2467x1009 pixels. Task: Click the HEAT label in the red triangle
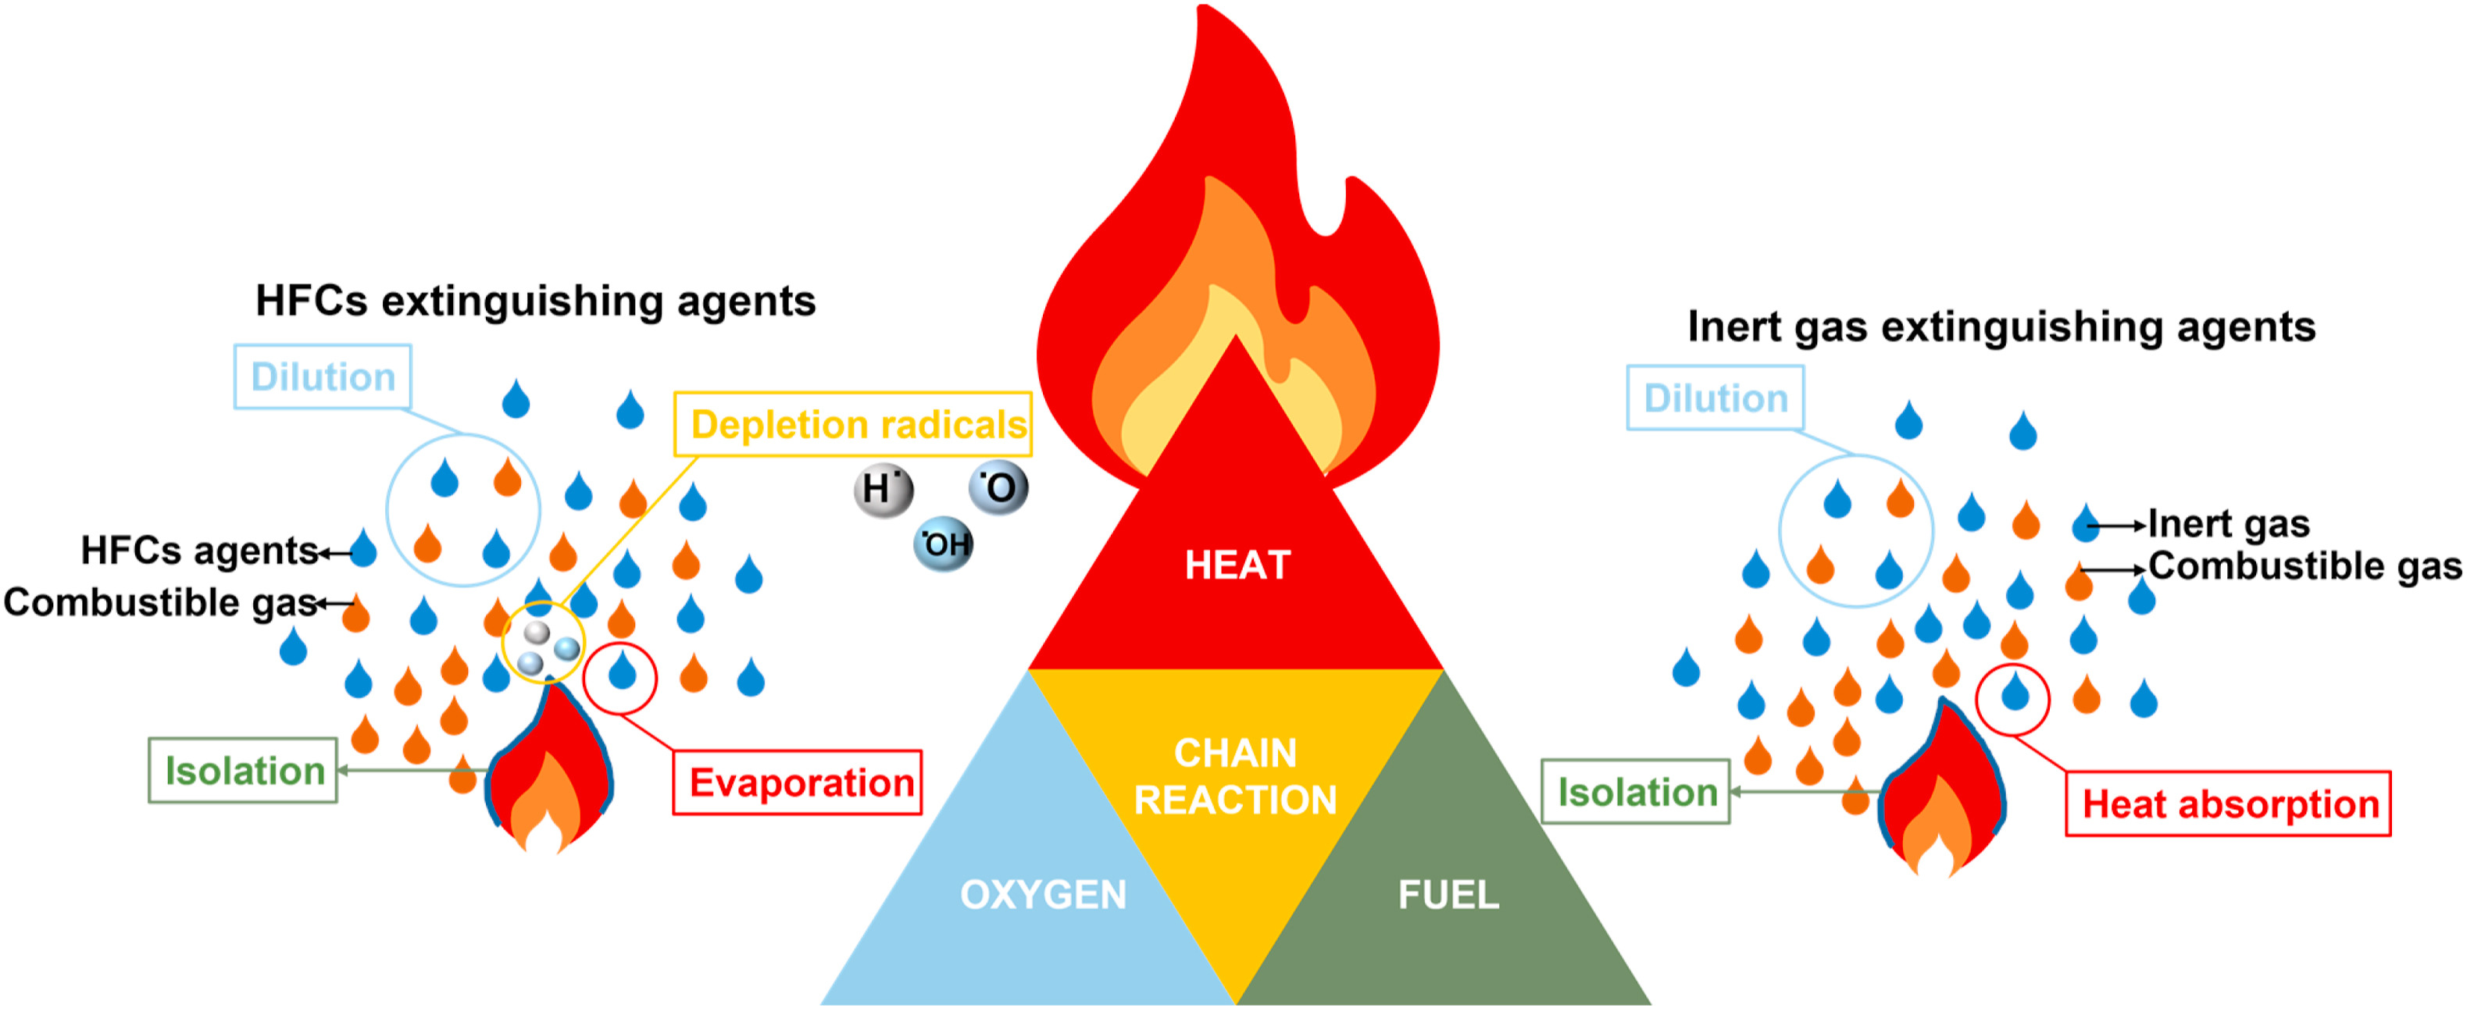1237,565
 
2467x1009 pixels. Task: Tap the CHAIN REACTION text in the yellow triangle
1235,776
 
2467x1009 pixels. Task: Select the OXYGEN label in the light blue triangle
1043,895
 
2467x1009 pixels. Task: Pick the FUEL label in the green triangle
1448,895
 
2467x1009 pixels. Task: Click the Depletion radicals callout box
852,424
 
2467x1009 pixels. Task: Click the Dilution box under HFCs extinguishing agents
323,377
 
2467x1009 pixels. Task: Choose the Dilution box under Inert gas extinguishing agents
1715,398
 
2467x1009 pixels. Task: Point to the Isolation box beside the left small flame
243,771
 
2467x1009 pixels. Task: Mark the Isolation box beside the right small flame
1636,792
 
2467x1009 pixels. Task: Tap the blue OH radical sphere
944,544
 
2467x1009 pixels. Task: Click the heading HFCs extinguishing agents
535,301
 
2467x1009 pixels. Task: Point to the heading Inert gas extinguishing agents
2001,327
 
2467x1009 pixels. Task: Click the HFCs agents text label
199,551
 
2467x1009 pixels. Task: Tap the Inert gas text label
2229,525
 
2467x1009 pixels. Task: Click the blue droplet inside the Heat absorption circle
2015,690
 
